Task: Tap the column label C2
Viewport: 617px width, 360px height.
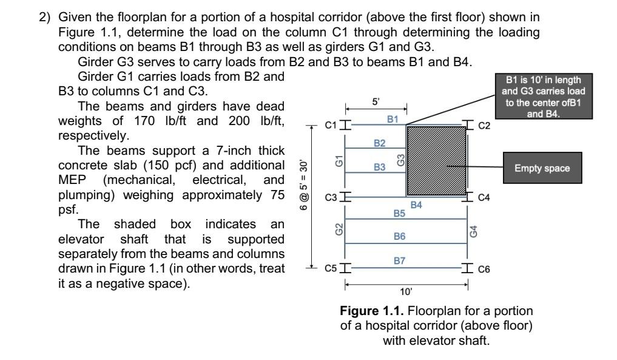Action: [x=484, y=126]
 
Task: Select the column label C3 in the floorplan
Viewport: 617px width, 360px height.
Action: [x=330, y=198]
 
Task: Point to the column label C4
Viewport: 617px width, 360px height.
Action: [x=484, y=199]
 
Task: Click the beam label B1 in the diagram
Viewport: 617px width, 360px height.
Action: [x=393, y=120]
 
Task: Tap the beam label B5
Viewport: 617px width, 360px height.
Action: [x=399, y=214]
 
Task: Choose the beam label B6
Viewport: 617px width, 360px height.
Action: [x=399, y=237]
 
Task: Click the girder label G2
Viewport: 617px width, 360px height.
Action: [x=339, y=231]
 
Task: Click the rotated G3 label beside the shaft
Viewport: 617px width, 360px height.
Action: [x=400, y=160]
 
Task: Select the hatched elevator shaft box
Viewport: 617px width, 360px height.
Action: [x=436, y=161]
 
